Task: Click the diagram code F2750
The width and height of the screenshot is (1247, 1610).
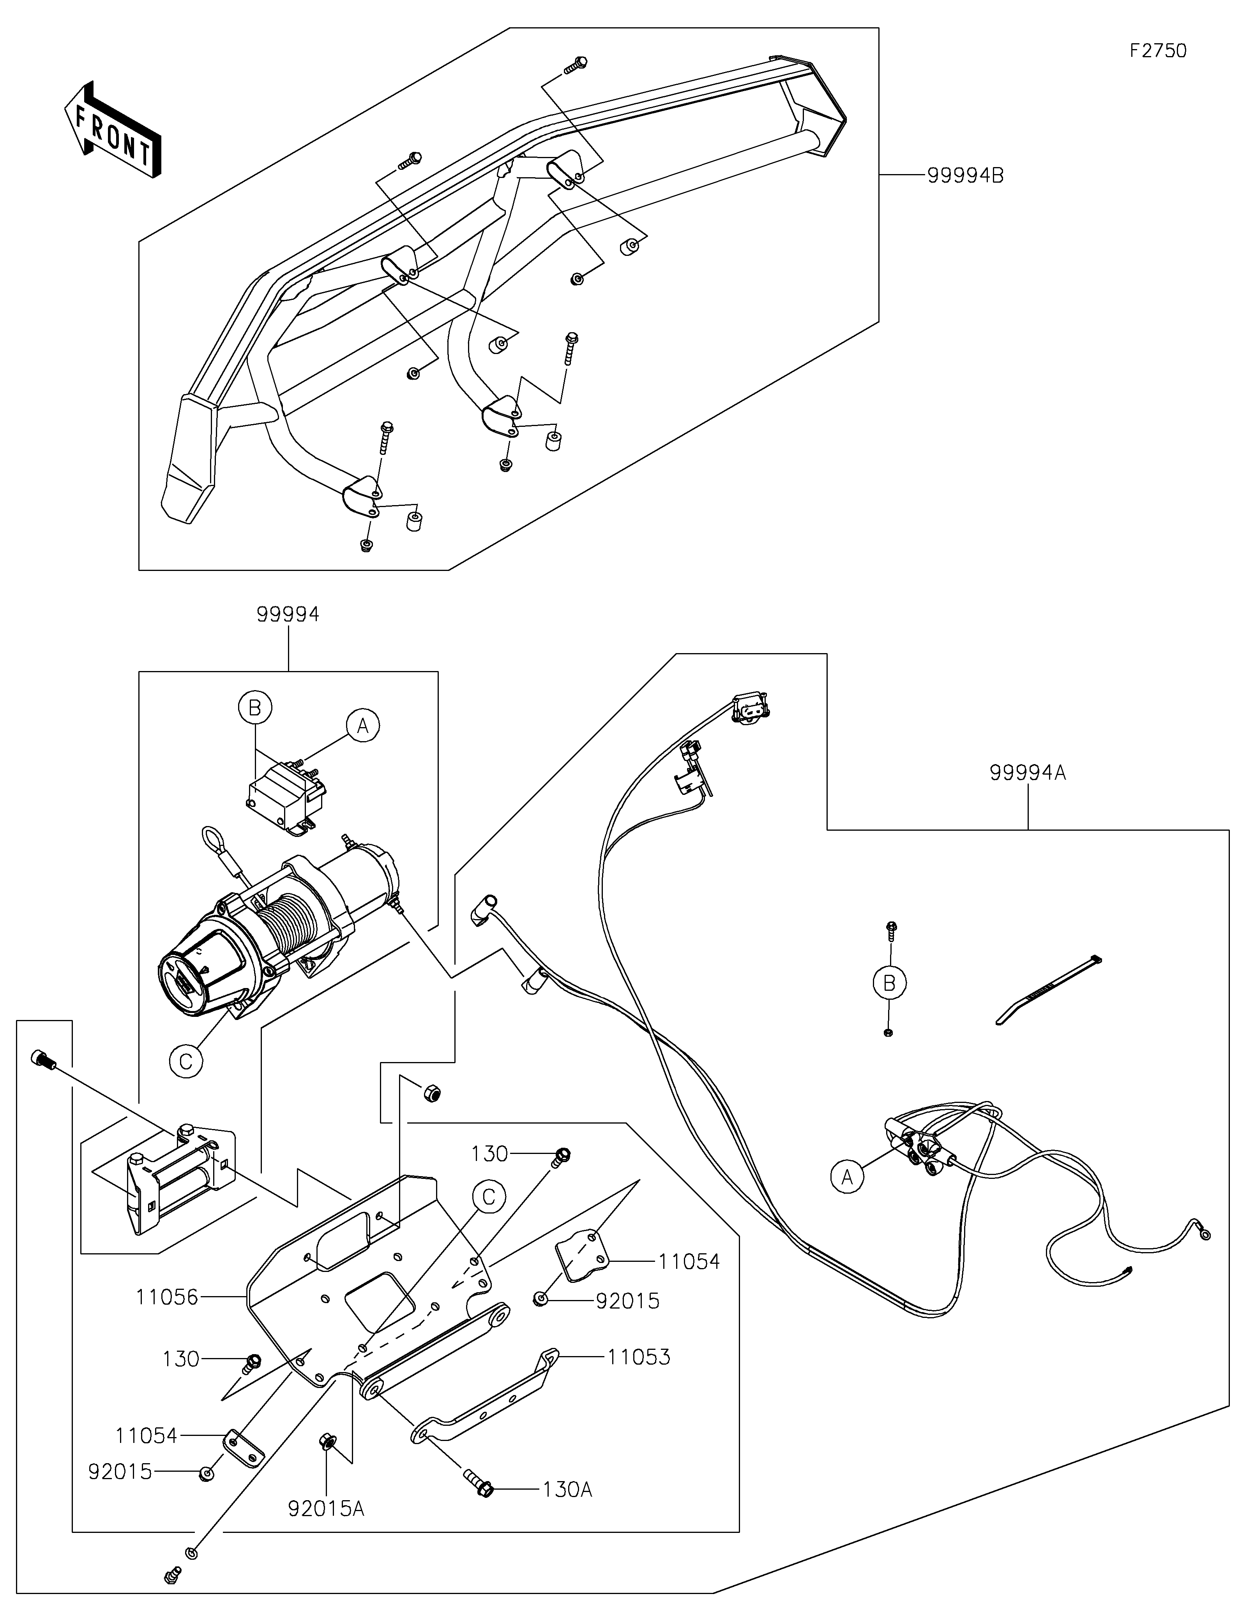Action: pyautogui.click(x=1158, y=51)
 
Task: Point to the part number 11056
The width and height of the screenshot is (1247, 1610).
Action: pyautogui.click(x=167, y=1297)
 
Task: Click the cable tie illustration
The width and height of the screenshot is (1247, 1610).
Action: pyautogui.click(x=1047, y=990)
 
